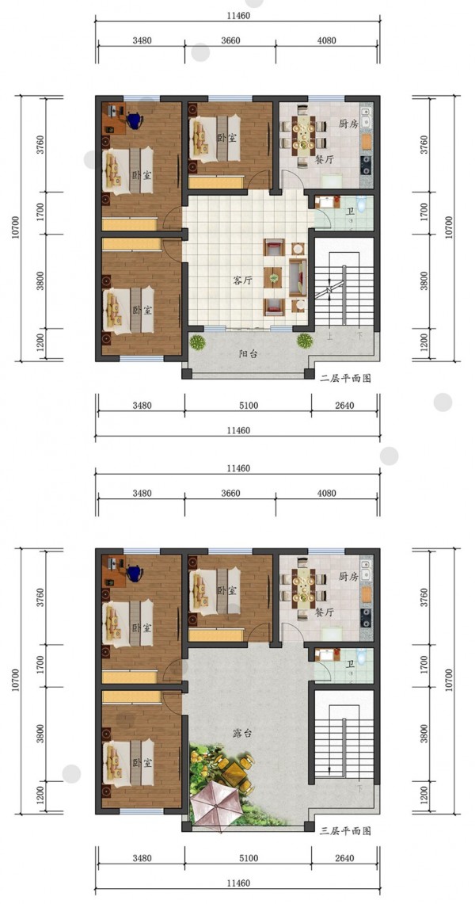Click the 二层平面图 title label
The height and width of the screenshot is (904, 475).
(x=345, y=378)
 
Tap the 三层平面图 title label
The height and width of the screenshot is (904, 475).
(x=345, y=831)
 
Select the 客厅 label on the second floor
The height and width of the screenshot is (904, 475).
(x=243, y=280)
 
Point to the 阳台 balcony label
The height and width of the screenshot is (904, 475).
(x=249, y=354)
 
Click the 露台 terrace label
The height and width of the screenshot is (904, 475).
(x=243, y=734)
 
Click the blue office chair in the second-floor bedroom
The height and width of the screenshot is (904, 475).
(x=135, y=120)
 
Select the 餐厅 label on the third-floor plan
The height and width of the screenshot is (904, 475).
(x=324, y=612)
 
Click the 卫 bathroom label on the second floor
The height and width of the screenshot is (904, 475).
(x=351, y=212)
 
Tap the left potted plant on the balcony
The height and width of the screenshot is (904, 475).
(x=198, y=342)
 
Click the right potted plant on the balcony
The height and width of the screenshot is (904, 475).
(x=305, y=342)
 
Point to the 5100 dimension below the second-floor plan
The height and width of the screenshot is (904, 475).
(x=248, y=406)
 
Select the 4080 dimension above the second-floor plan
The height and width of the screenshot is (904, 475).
(x=326, y=40)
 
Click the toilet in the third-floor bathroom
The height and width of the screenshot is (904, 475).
(x=361, y=656)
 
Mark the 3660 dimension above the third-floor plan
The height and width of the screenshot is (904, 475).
(x=230, y=494)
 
